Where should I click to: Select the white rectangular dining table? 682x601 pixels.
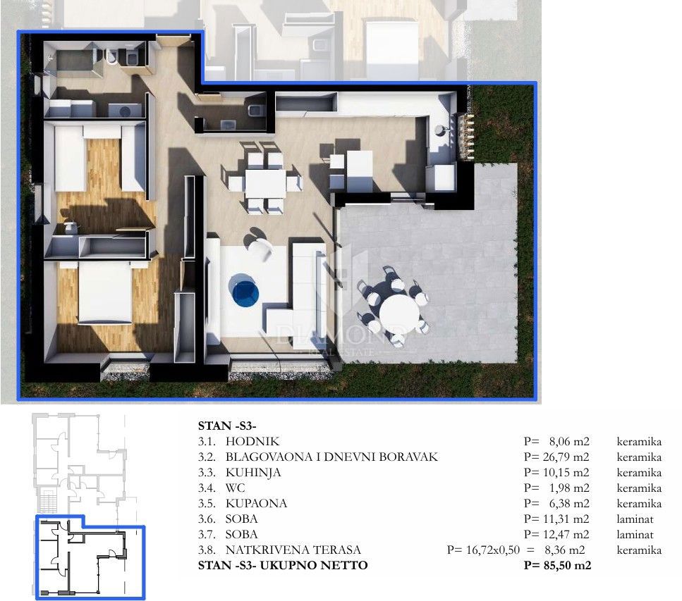pos(265,184)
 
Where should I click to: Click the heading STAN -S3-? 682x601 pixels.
pos(227,426)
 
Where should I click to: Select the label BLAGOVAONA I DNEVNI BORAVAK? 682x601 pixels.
pos(331,457)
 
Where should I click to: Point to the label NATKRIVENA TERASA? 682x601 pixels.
pos(293,550)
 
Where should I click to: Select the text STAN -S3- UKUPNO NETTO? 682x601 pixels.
pos(283,566)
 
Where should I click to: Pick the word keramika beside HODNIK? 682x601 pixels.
pos(638,442)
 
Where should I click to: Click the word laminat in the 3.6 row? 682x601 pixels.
pos(635,519)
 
